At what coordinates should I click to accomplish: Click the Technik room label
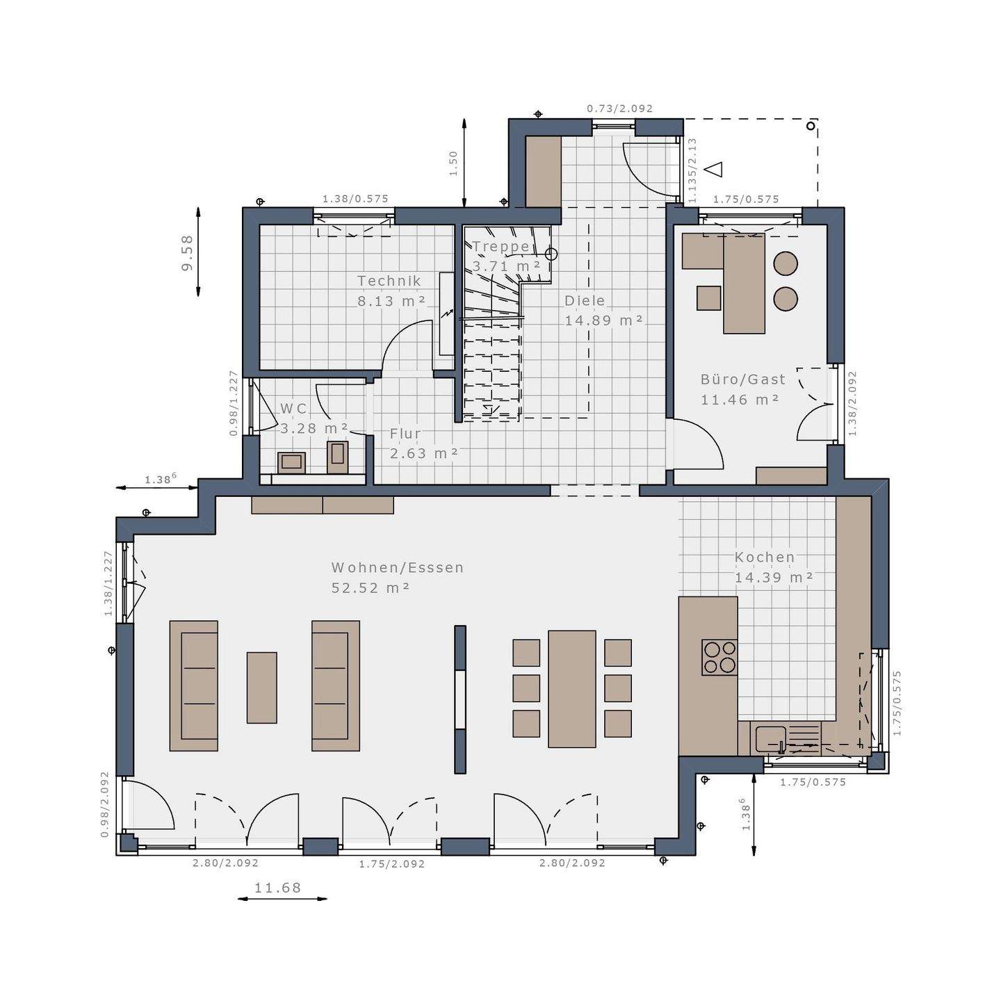(389, 281)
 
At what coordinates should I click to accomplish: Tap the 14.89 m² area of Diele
(603, 320)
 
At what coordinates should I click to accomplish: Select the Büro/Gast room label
(743, 380)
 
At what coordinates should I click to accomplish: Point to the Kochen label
(765, 558)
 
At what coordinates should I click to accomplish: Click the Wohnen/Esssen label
(398, 568)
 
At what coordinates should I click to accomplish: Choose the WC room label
(293, 409)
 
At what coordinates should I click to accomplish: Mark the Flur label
(405, 434)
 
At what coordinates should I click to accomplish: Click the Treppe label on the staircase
(500, 247)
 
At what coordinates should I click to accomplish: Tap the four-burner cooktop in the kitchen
(719, 657)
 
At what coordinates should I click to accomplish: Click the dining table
(571, 689)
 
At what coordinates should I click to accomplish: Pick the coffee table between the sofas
(262, 687)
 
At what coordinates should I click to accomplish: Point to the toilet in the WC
(338, 457)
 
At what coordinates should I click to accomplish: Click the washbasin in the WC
(291, 462)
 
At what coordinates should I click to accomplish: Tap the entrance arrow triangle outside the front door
(714, 169)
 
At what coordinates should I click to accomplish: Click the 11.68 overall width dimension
(278, 888)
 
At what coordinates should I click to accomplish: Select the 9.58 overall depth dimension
(187, 253)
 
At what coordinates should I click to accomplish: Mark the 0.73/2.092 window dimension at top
(619, 108)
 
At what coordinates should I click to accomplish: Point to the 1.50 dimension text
(453, 163)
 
